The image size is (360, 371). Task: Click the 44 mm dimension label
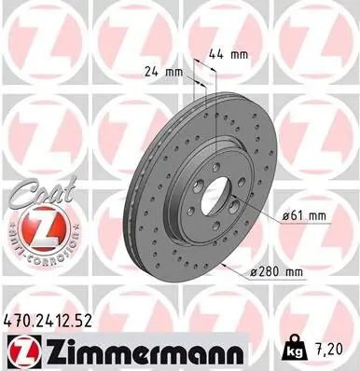point(227,55)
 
